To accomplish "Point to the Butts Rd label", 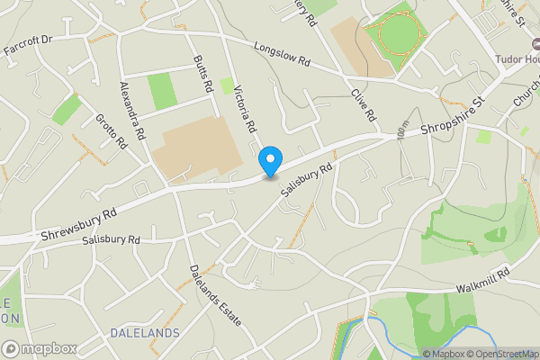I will pyautogui.click(x=203, y=74).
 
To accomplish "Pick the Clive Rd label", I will pyautogui.click(x=363, y=103).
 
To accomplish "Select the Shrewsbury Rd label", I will pyautogui.click(x=79, y=226).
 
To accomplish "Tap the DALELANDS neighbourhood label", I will pyautogui.click(x=144, y=333).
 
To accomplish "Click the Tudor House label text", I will pyautogui.click(x=517, y=59).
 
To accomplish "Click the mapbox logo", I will pyautogui.click(x=40, y=348).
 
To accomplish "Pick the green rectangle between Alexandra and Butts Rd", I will pyautogui.click(x=162, y=91).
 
